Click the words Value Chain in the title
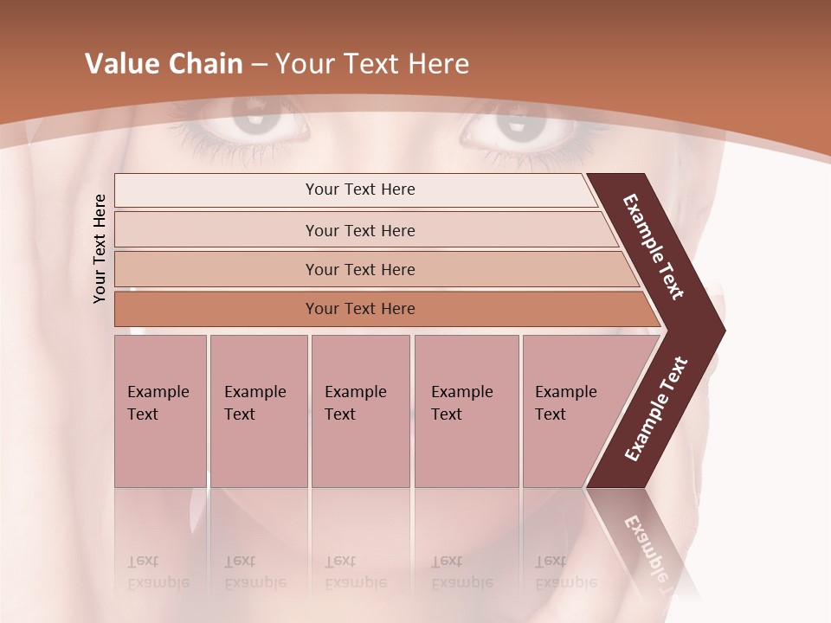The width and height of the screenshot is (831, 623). click(164, 64)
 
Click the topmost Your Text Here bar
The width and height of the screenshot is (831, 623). click(359, 189)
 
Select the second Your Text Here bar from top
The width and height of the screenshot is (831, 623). click(360, 230)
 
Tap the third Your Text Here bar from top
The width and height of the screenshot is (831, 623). click(360, 269)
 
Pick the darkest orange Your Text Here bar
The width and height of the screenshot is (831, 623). click(360, 309)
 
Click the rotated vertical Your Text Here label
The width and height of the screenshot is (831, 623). click(100, 248)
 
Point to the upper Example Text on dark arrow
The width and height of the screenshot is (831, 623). click(654, 247)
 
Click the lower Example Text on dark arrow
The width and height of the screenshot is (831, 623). click(655, 409)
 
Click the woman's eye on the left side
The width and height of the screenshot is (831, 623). click(258, 125)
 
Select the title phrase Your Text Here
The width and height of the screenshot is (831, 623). click(372, 64)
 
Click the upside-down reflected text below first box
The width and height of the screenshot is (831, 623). click(158, 572)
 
